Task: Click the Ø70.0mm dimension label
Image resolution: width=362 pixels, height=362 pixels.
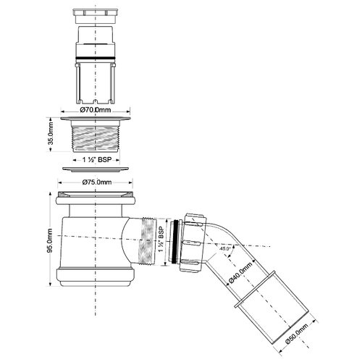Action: [96, 110]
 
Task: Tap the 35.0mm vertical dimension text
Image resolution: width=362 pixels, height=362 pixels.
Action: [51, 135]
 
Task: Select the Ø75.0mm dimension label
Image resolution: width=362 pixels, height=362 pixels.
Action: [97, 182]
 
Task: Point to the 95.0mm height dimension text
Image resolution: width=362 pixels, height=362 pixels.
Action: [49, 240]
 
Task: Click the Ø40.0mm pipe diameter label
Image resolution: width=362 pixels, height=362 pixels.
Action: [240, 273]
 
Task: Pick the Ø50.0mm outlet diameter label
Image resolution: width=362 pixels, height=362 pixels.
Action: [296, 334]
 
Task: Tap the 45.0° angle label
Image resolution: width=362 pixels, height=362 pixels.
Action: [225, 248]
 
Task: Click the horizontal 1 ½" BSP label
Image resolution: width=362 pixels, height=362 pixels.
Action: [97, 160]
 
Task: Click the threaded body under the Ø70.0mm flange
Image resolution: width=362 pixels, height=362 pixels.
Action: [96, 136]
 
